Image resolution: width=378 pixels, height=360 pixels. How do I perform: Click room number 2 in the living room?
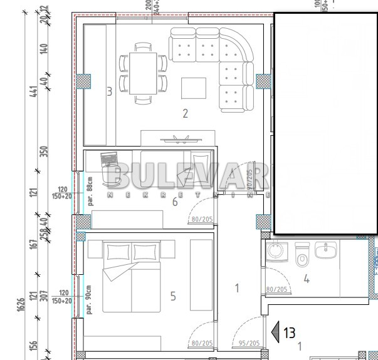185,113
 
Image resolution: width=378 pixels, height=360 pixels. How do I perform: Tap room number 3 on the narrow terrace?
109,92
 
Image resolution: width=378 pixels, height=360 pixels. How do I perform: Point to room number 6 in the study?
175,201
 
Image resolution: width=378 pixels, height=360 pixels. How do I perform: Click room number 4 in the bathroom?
307,279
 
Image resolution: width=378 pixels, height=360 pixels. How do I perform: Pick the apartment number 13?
288,332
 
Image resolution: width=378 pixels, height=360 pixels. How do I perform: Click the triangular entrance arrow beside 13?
273,332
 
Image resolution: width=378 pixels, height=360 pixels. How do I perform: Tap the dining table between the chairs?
144,73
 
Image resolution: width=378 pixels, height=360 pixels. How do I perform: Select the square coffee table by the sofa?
194,88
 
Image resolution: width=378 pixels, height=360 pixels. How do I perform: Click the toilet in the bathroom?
302,256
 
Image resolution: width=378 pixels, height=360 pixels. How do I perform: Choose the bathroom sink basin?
325,251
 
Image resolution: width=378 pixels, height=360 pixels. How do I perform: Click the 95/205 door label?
250,343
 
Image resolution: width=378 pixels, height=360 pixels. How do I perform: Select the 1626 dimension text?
21,305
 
